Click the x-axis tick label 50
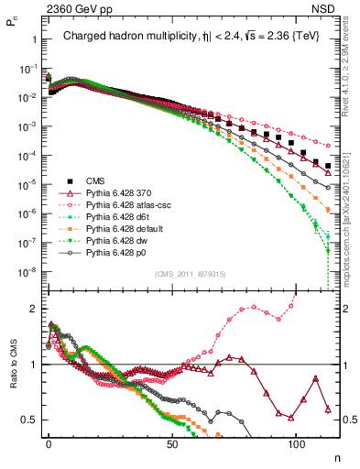[172, 442]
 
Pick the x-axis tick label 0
[49, 442]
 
